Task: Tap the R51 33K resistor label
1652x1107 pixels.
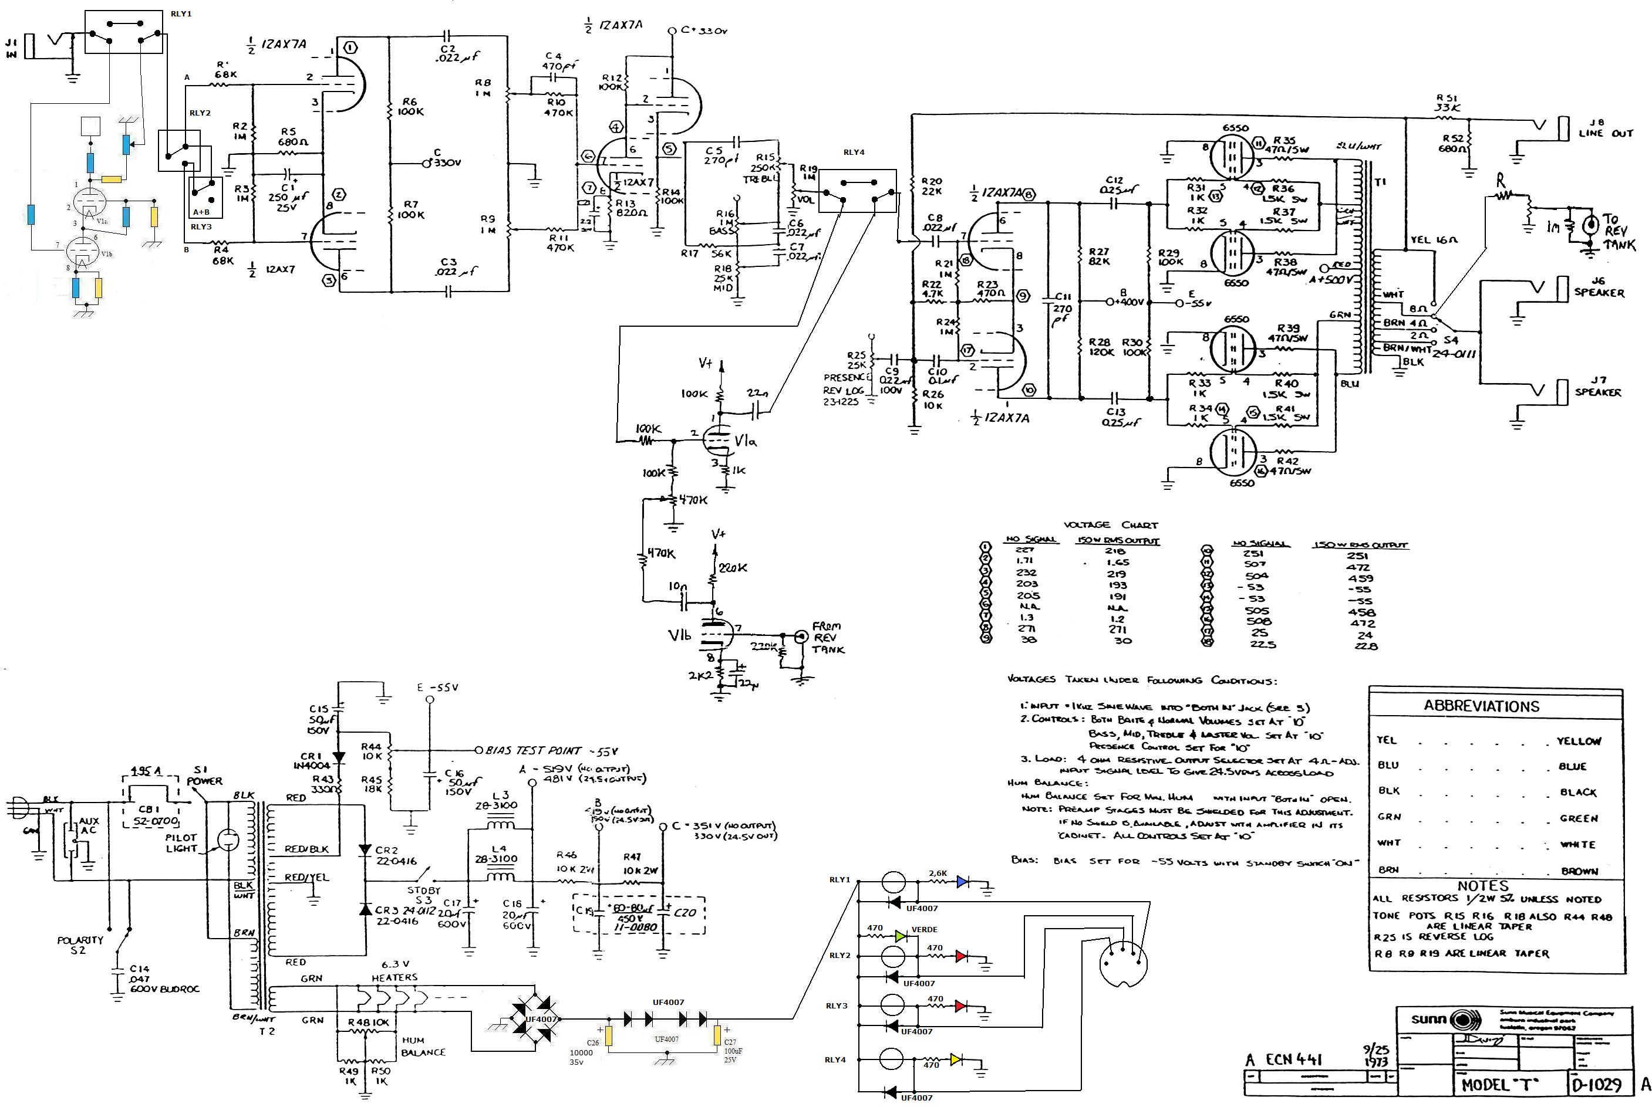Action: (1447, 103)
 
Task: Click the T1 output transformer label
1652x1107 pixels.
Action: (1380, 182)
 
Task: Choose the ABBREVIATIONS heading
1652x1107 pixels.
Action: (1481, 706)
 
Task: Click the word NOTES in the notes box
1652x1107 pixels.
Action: (1482, 885)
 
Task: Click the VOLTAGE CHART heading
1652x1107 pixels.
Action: (1110, 525)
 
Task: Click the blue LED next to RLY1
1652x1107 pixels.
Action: (961, 881)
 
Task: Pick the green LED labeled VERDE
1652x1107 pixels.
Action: (901, 936)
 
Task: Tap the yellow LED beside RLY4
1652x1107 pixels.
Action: (956, 1059)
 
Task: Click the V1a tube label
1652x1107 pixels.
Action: (746, 441)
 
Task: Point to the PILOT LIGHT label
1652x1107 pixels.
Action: (181, 843)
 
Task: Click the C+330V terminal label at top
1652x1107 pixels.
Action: (703, 31)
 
